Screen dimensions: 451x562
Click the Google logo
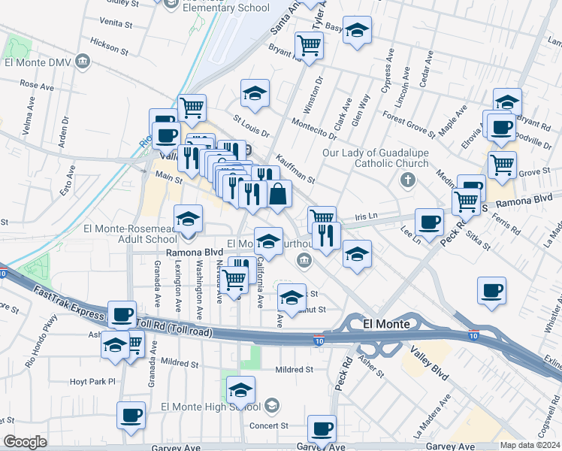click(25, 442)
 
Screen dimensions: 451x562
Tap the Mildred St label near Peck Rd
click(294, 370)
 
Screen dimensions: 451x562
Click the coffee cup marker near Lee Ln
click(430, 222)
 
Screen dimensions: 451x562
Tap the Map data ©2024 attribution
click(530, 445)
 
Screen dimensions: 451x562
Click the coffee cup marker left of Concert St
click(131, 415)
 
